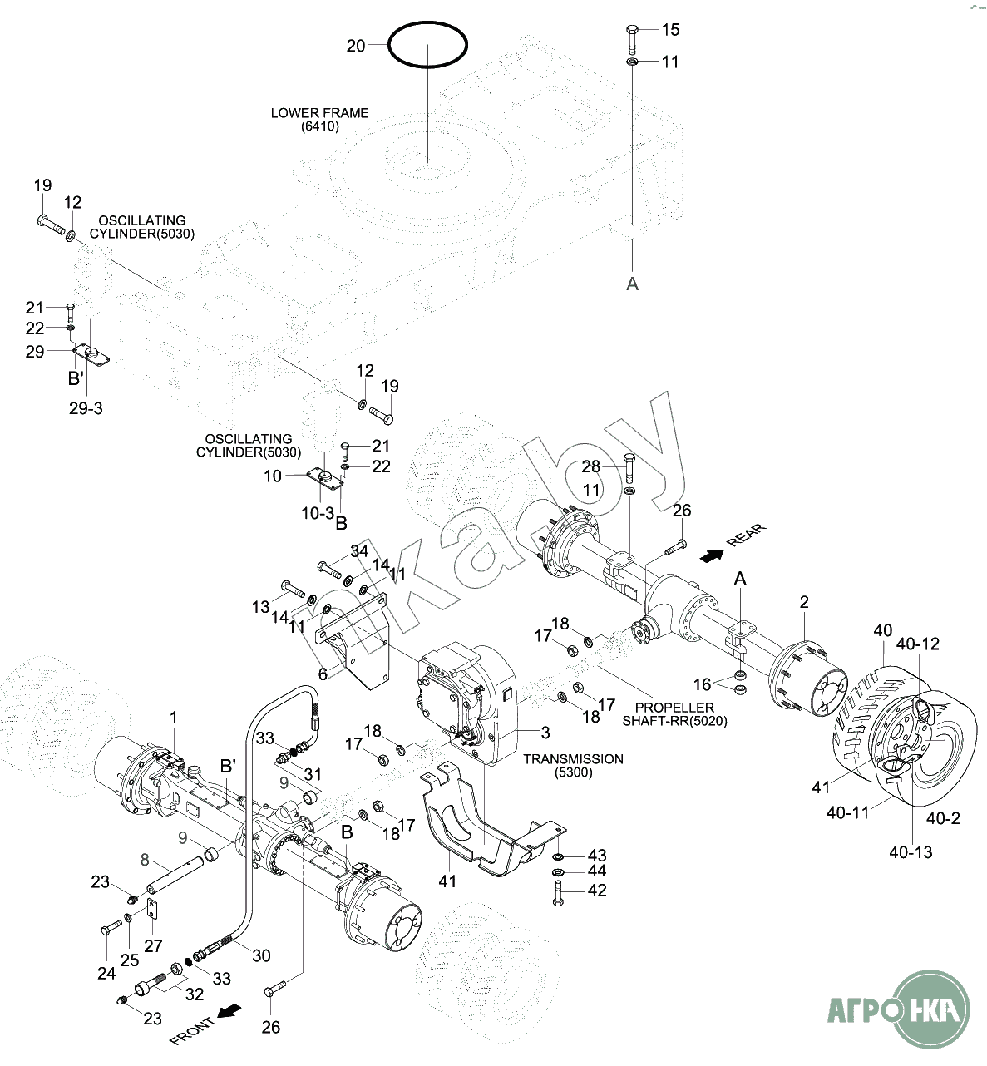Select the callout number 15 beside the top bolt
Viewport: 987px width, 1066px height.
coord(670,30)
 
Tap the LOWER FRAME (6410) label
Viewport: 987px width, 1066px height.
coord(320,120)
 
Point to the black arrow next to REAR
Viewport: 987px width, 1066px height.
coord(710,554)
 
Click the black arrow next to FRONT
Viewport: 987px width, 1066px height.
coord(229,1011)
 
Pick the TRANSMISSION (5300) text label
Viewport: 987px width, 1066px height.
coord(573,766)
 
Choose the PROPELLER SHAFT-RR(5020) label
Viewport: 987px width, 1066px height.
coord(674,714)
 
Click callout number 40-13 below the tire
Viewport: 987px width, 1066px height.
coord(911,851)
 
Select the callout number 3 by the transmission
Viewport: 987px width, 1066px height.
coord(545,733)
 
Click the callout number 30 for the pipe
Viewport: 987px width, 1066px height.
coord(261,955)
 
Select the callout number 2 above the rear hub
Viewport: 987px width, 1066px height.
coord(804,601)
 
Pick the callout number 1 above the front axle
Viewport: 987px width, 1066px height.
coord(174,717)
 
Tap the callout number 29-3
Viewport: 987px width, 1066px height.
coord(86,408)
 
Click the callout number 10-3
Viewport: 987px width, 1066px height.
coord(317,514)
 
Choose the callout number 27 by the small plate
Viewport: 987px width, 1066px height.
coord(154,945)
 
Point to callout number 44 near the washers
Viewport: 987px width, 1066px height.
coord(597,871)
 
